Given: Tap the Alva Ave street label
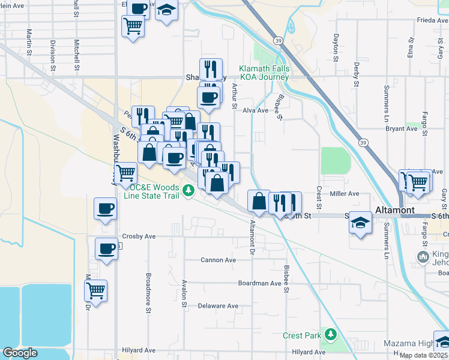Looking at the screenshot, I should click(255, 110).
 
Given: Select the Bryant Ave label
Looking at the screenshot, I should click(402, 128).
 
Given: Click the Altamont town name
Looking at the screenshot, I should click(395, 210).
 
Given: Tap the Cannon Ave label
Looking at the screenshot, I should click(218, 260).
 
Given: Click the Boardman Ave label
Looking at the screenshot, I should click(259, 283).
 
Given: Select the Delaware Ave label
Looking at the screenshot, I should click(218, 306).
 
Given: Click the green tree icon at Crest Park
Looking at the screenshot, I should click(330, 333).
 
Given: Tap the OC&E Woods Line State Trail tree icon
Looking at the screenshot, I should click(188, 191).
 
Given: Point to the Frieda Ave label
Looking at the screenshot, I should click(432, 20).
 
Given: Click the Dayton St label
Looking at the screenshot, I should click(336, 42).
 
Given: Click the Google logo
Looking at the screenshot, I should click(20, 353).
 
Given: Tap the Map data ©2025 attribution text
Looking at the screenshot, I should click(423, 355).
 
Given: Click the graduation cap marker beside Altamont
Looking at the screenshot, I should click(360, 223).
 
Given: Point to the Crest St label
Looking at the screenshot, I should click(319, 197).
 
